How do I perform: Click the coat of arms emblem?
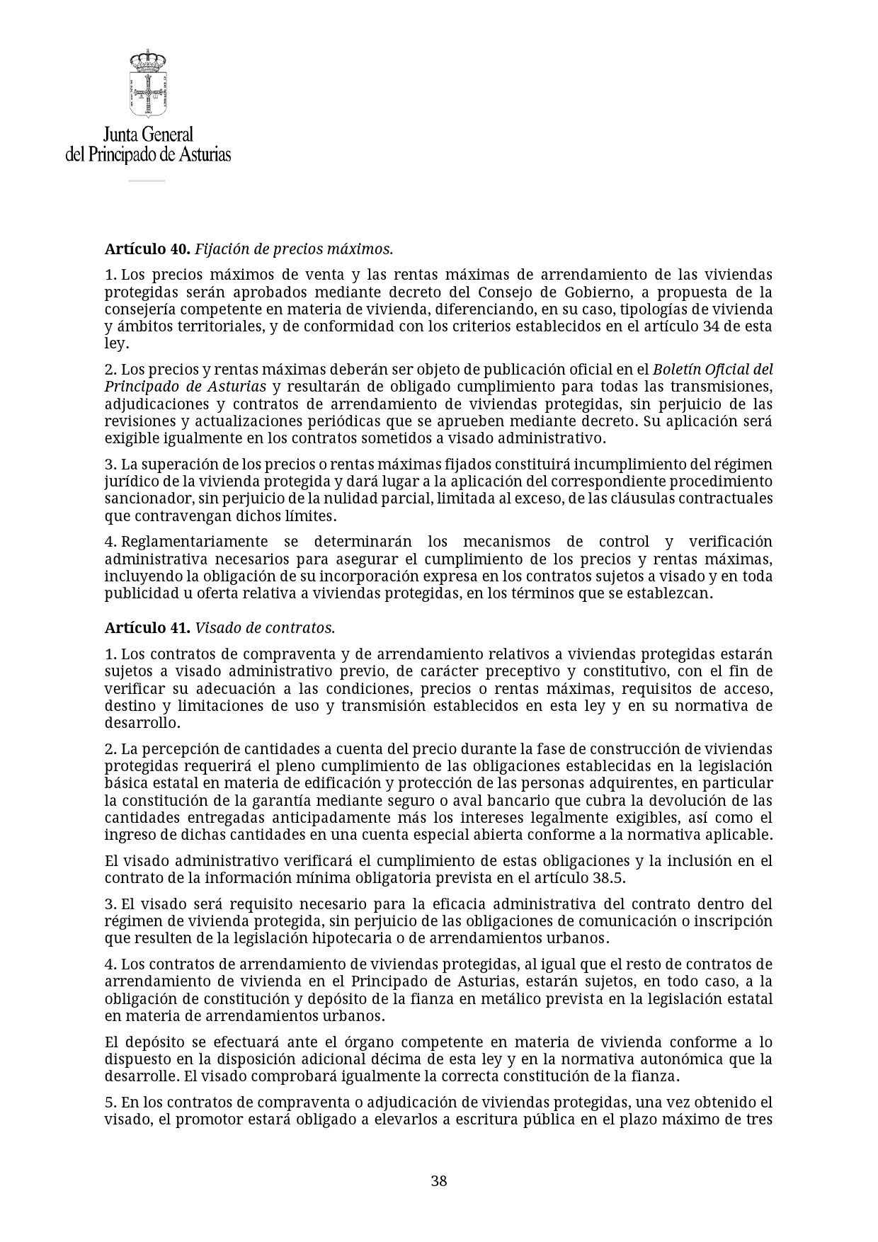[148, 84]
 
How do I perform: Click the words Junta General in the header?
[148, 135]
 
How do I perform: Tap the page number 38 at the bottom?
[439, 1181]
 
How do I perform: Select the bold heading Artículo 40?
[147, 249]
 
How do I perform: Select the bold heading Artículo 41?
[147, 628]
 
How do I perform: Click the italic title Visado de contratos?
[265, 628]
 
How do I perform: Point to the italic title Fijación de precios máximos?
[294, 249]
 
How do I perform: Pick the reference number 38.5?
[608, 878]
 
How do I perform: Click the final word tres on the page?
[758, 1120]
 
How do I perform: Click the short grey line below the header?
[147, 181]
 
